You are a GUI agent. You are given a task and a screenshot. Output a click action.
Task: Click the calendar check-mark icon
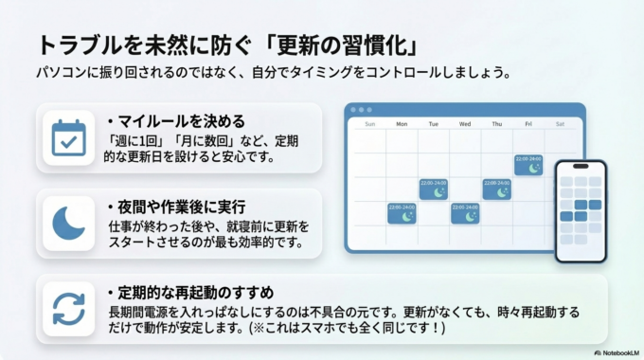point(68,138)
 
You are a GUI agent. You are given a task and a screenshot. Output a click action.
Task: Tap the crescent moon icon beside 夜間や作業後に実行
point(68,223)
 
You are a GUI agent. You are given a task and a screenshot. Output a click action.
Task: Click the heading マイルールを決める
point(181,121)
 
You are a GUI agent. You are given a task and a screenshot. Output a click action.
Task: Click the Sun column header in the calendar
point(369,123)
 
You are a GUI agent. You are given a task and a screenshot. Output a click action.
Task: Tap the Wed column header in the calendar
point(464,123)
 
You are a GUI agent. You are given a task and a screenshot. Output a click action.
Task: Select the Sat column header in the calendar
point(560,123)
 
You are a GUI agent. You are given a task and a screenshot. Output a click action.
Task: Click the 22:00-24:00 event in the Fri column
point(528,165)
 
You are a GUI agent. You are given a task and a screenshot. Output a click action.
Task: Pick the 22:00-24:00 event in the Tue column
point(433,189)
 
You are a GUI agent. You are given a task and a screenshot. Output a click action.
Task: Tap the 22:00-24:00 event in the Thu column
point(496,189)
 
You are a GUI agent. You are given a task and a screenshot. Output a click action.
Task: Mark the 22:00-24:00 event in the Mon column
point(402,213)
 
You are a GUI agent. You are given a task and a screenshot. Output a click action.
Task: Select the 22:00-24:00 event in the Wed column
point(464,213)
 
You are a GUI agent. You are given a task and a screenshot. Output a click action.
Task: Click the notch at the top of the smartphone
point(580,166)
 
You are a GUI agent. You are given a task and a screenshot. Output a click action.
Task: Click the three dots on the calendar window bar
point(362,110)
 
